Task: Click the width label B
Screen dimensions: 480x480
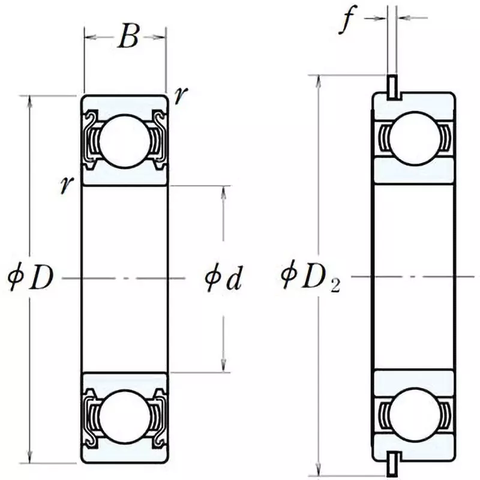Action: click(x=127, y=37)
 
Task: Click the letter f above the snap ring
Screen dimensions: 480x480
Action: click(x=347, y=21)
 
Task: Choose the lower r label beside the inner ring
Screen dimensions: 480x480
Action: click(x=64, y=186)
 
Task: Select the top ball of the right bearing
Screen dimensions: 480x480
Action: click(x=412, y=137)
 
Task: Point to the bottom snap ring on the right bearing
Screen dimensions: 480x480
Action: click(x=392, y=462)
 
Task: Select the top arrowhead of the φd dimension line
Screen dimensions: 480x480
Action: click(x=224, y=190)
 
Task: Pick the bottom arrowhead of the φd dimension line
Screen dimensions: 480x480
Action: click(x=224, y=368)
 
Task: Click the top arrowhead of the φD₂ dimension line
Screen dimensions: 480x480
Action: click(x=318, y=80)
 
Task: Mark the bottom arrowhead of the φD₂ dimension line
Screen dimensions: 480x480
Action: click(x=318, y=467)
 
